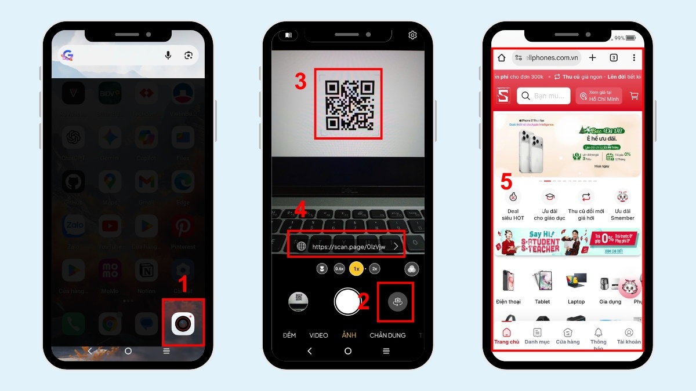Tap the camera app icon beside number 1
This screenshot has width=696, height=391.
(183, 323)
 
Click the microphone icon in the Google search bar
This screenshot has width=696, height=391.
(168, 55)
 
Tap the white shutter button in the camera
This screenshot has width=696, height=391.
(347, 301)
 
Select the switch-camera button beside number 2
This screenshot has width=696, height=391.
(397, 302)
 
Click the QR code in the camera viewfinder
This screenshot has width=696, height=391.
(348, 104)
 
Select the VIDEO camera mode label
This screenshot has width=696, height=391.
(318, 335)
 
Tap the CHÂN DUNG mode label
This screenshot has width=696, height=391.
(387, 335)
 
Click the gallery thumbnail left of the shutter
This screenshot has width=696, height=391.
(298, 302)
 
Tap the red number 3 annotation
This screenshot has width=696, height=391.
(300, 82)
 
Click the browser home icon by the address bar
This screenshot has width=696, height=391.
(502, 58)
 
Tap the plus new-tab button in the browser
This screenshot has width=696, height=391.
(592, 58)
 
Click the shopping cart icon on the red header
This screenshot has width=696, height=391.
(634, 96)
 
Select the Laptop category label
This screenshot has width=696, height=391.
(576, 302)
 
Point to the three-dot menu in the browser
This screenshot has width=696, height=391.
(634, 58)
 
